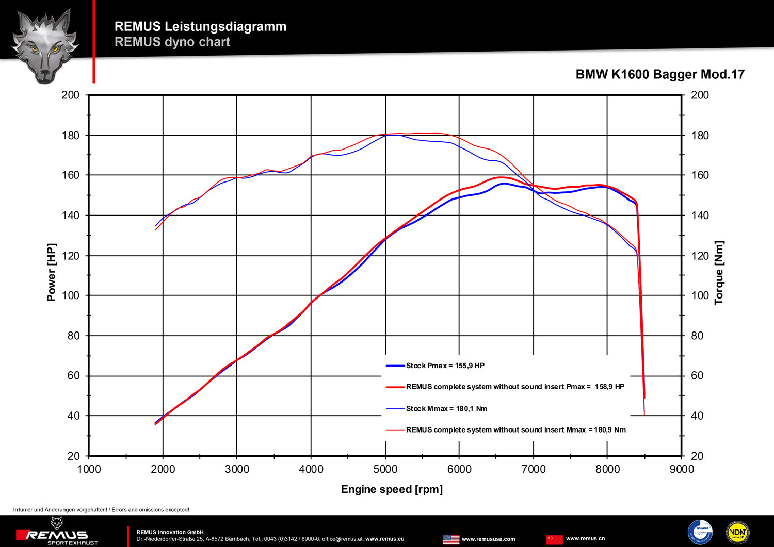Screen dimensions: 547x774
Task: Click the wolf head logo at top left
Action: coord(45,45)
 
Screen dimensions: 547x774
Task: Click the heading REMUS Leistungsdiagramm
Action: coord(200,26)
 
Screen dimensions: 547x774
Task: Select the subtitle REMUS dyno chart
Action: coord(172,42)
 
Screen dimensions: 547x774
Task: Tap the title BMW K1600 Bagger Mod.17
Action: coord(660,74)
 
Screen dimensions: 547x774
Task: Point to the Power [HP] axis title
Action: coord(51,272)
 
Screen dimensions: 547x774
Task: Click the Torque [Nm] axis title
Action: coord(719,273)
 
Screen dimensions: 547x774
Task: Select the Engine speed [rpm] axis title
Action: coord(392,489)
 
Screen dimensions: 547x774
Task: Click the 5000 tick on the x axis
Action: coord(385,469)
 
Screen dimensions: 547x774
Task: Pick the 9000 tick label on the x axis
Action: coord(682,469)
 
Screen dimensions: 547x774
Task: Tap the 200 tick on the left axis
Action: coord(71,95)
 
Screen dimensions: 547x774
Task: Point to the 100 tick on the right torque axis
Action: coord(700,295)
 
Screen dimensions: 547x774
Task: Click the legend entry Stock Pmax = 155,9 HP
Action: coord(445,366)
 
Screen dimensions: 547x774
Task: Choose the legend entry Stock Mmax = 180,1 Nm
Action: coord(446,409)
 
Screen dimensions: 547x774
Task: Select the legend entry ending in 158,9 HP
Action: coord(515,387)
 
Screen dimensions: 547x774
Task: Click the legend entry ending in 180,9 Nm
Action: coord(515,430)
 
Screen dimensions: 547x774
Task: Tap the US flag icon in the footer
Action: coord(451,539)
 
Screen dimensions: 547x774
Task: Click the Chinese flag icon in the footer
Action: coord(554,539)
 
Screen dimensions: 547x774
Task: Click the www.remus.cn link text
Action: coord(585,539)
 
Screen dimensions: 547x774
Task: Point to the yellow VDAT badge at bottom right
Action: coord(737,533)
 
